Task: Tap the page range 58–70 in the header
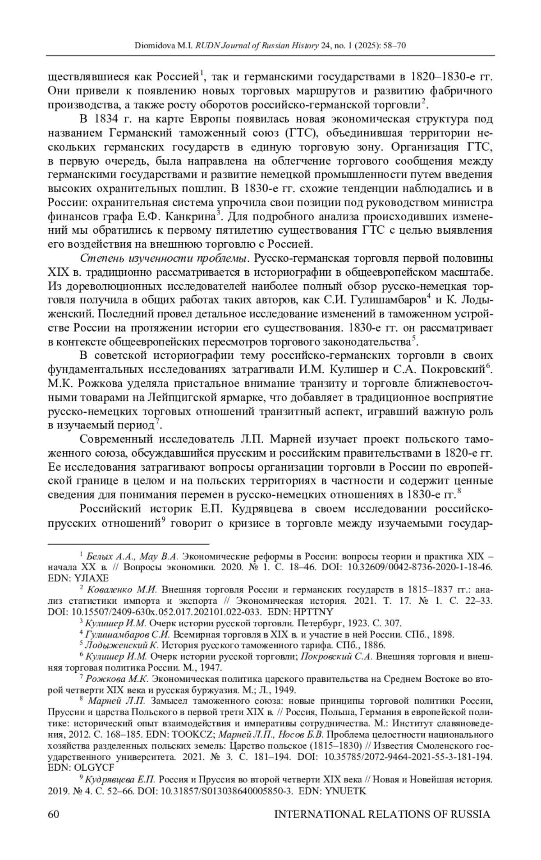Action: [x=394, y=46]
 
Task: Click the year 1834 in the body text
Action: [x=106, y=120]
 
